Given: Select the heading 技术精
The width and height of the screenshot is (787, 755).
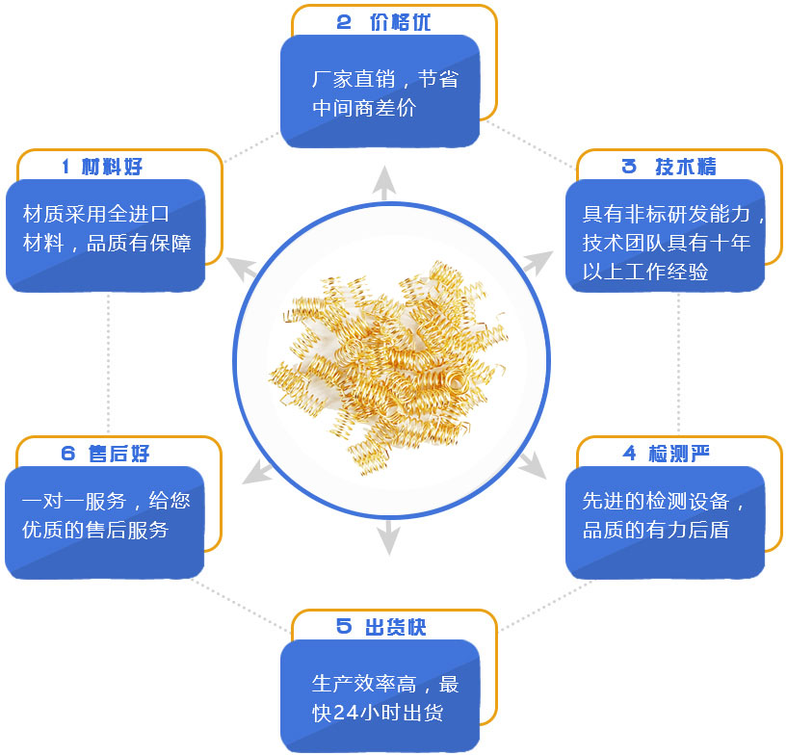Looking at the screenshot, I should coord(686,167).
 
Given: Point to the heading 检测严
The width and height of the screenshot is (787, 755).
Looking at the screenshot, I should coord(687,453).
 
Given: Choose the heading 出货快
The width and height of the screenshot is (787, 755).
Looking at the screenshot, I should coord(396,627).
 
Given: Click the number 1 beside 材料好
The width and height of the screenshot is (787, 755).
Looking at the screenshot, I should coord(66,167).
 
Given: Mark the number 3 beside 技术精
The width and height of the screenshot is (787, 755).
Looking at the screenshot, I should coord(629,167).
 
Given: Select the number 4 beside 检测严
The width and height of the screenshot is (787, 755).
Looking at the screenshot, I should coord(630,453).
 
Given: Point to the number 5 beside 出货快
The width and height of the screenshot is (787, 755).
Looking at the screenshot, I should coord(344,627).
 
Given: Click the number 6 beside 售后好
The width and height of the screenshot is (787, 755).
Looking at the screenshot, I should coord(67,454).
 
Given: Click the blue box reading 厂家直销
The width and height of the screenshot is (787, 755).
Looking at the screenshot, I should coord(380,92).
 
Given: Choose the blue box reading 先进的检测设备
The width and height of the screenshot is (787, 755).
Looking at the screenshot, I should coord(665,521).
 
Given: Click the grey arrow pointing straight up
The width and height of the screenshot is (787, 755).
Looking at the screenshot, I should coord(386,183).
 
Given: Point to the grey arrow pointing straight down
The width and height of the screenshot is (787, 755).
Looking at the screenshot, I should coord(387,537).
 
